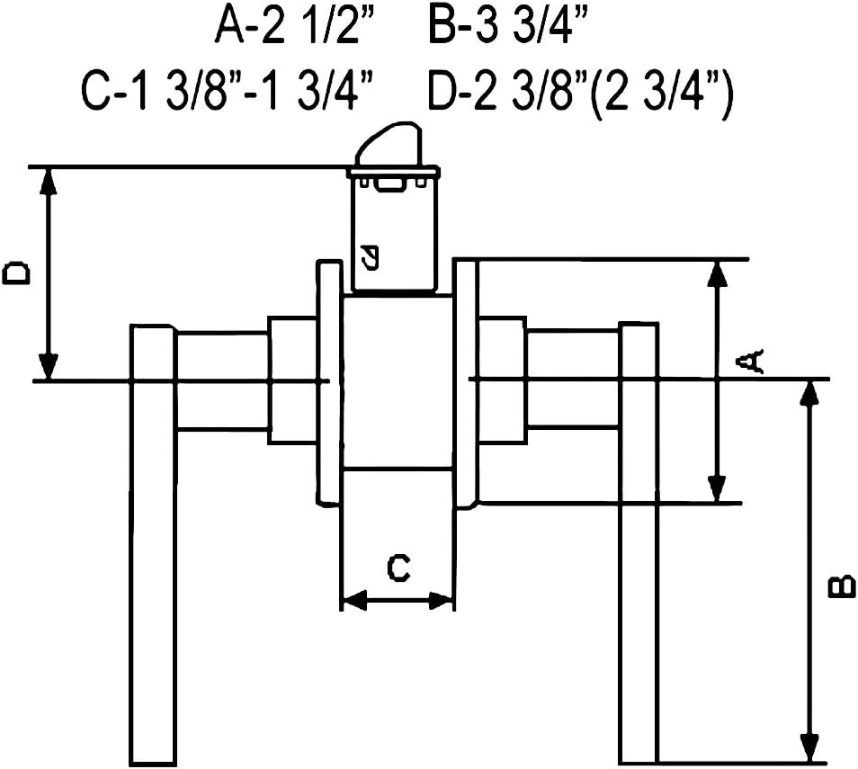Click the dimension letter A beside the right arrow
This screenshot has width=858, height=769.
(750, 362)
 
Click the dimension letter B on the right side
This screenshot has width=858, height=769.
(840, 586)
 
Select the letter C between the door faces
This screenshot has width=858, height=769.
(398, 568)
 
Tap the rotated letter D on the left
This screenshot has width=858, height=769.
(16, 273)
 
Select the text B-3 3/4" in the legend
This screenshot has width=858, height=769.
(508, 27)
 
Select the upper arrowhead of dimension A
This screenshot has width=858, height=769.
(717, 273)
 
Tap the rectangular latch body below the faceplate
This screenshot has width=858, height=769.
(393, 238)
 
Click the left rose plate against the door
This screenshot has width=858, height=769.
(328, 382)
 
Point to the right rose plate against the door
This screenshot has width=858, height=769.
(465, 382)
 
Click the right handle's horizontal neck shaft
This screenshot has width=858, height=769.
(572, 379)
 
